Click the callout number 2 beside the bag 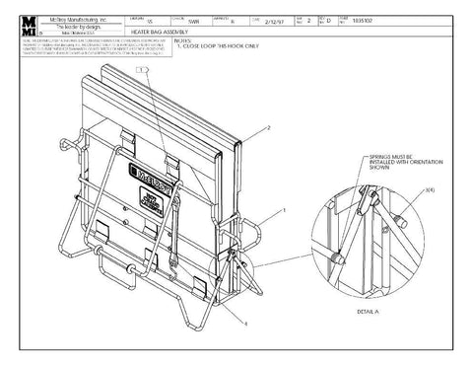click(268, 142)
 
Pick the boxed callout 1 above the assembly click(145, 70)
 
